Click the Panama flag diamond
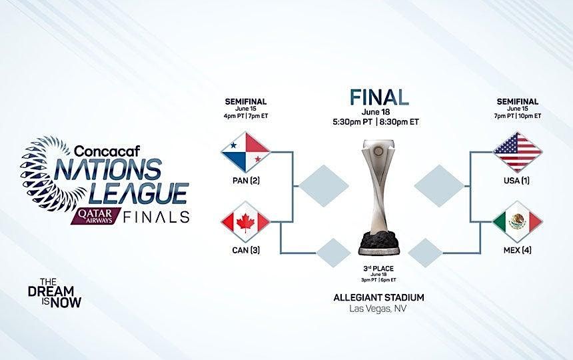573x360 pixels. coord(245,152)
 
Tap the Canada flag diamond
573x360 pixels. coord(245,225)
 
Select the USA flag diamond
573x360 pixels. coord(518,152)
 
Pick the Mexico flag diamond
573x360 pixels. coord(518,225)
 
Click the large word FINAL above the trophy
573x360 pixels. coord(379,97)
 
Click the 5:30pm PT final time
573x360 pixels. coord(352,123)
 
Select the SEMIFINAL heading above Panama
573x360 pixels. coord(247,101)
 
